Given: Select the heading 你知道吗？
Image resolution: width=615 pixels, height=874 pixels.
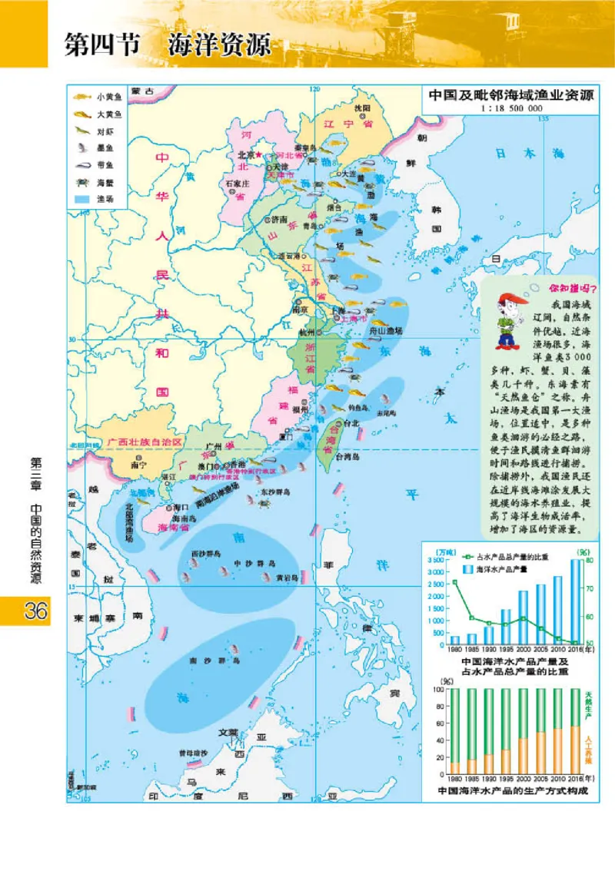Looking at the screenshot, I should [x=573, y=289].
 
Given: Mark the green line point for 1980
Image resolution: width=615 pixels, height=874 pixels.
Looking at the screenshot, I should [x=454, y=582].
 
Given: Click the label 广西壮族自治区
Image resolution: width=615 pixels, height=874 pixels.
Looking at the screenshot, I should [x=145, y=443].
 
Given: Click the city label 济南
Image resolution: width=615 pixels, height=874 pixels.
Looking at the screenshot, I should [x=278, y=219].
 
